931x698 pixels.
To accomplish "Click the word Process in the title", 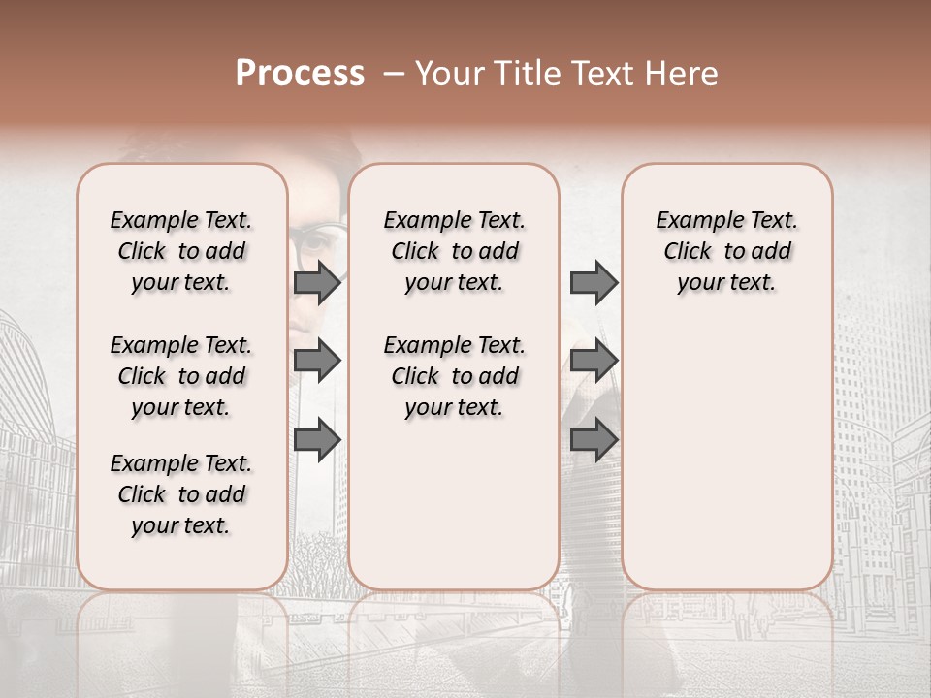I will (300, 74).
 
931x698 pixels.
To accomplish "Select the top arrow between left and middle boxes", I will (317, 282).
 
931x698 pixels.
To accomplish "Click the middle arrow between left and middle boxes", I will (317, 362).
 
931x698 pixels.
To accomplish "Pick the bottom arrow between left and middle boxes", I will (317, 440).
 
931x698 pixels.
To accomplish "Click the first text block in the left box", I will (181, 251).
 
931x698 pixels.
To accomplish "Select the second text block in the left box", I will (181, 376).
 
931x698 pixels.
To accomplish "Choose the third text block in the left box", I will (181, 494).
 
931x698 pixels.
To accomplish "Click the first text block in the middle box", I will (454, 251).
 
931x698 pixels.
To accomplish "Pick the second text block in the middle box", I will (454, 376).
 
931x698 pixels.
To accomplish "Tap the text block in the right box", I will (726, 251).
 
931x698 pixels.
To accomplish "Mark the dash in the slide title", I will (394, 74).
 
